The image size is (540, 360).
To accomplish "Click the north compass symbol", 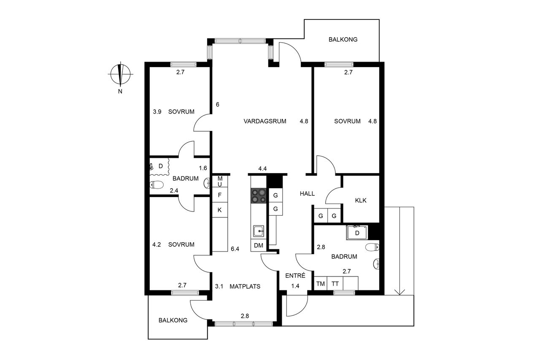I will [x=121, y=75].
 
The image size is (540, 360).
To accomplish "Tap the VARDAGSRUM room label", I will [x=265, y=121].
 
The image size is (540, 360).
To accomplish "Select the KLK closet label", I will [x=361, y=200].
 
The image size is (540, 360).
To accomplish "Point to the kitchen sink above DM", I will [x=259, y=231].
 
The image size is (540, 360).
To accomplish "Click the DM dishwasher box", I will [x=259, y=246].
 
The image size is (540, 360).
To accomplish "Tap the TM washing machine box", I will [x=321, y=284].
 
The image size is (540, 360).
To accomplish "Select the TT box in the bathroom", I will [x=335, y=284].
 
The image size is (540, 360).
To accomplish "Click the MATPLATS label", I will [x=245, y=286].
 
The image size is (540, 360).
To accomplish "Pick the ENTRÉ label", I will [x=295, y=276].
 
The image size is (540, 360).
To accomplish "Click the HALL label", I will [x=307, y=193].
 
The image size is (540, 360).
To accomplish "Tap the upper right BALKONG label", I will [x=343, y=40].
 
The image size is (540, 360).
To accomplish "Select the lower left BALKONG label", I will [x=173, y=320].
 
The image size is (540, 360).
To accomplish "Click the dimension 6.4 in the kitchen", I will [x=235, y=249].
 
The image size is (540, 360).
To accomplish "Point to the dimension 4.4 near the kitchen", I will [x=262, y=169].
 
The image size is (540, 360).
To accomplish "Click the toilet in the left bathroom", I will [x=157, y=184].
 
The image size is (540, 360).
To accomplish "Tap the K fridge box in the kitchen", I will [x=220, y=210].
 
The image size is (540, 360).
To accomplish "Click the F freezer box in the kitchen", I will [x=220, y=195].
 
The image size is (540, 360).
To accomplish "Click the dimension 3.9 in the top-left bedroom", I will [x=157, y=112].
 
